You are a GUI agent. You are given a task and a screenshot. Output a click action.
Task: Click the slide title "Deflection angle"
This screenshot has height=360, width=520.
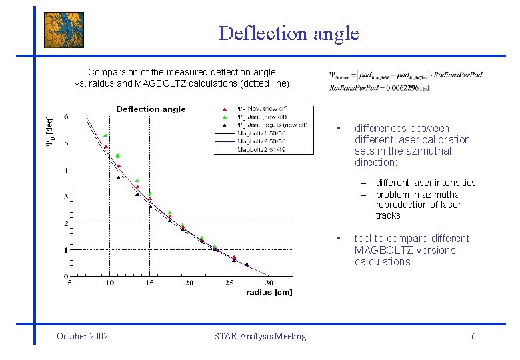coord(288,33)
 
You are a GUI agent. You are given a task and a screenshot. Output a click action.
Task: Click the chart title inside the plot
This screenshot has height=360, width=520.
coord(151,109)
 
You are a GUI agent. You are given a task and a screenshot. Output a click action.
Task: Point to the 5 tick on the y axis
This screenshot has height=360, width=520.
coord(65,143)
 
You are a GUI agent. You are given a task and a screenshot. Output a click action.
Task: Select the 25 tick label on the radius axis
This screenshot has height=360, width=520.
coord(229,283)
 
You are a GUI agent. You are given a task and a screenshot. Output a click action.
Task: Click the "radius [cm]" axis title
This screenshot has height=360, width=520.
coord(269,292)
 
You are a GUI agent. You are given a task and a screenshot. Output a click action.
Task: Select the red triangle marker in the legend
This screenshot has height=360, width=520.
coord(225,109)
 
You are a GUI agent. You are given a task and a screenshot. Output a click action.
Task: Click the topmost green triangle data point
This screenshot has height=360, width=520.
coord(105,135)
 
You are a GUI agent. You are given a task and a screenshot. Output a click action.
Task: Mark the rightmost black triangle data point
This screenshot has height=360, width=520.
coord(246,265)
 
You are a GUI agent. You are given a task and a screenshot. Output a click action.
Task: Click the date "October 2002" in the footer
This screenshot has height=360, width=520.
coord(83,336)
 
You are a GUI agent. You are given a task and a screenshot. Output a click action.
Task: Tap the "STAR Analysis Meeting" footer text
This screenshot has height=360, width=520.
coord(260,336)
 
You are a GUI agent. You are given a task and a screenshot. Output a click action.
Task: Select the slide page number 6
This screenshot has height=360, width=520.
coord(473,336)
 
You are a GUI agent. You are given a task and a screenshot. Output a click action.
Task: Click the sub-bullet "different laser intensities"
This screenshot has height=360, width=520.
coord(425,183)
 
